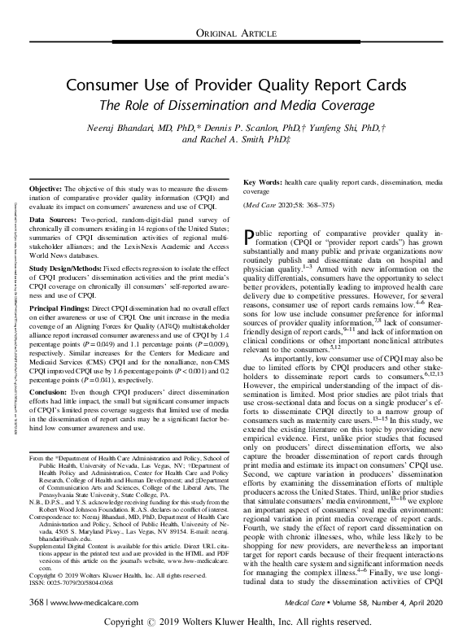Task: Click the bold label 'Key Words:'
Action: [264, 177]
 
